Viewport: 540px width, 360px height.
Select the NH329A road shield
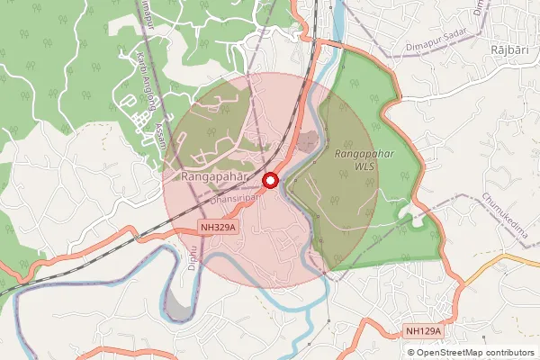pos(219,228)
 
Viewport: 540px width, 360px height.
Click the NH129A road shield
pos(423,332)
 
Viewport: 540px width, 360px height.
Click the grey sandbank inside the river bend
pos(177,309)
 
